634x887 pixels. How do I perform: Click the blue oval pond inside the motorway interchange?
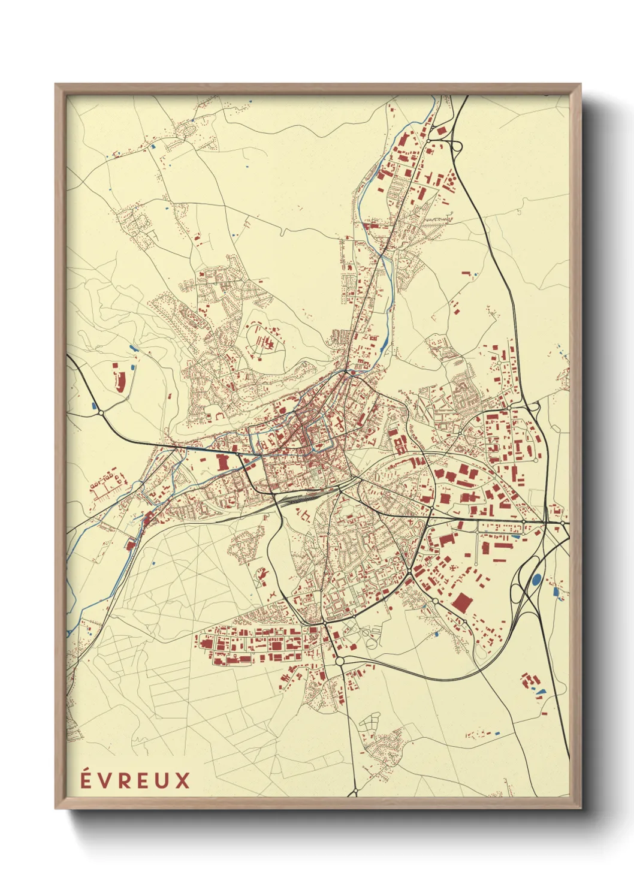536,579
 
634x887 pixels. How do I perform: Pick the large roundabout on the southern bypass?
340,661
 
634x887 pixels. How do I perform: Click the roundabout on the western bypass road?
101,412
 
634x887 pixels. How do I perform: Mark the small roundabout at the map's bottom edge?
354,793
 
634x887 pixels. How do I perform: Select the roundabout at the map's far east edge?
563,523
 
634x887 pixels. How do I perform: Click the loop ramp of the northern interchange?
456,146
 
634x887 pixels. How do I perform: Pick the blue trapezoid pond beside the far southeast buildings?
542,692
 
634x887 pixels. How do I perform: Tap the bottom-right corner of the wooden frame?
580,808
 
